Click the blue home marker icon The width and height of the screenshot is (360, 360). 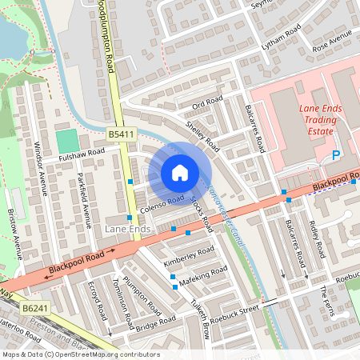click(x=180, y=173)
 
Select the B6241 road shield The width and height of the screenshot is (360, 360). click(x=34, y=307)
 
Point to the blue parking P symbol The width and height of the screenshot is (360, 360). click(x=336, y=155)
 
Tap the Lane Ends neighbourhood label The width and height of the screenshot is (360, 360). click(x=127, y=230)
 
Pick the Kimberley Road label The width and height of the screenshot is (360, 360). click(x=189, y=255)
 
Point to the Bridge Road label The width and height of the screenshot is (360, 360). click(x=155, y=323)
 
